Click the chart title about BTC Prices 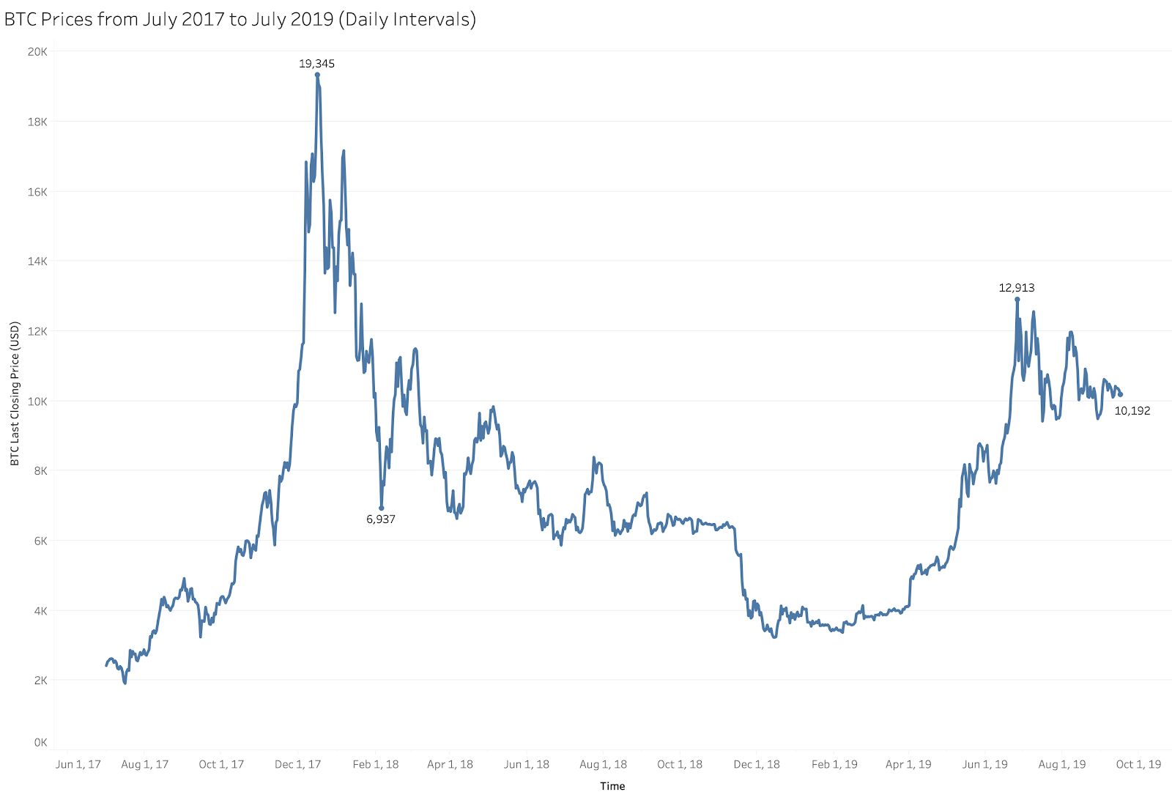pos(240,19)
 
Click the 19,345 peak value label pos(316,64)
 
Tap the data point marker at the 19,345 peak pos(317,75)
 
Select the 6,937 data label pos(381,519)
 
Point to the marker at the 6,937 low pos(382,508)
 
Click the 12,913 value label pos(1017,288)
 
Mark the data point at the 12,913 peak pos(1017,299)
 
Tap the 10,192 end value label pos(1132,411)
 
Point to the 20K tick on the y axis pos(37,51)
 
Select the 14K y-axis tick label pos(37,262)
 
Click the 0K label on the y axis pos(40,743)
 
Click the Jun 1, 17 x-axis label pos(78,765)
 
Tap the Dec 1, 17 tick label pos(298,765)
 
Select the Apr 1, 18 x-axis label pos(450,765)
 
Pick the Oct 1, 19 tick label pos(1138,765)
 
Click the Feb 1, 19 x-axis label pos(834,765)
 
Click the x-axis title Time pos(612,786)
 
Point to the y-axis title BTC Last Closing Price pos(15,394)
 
